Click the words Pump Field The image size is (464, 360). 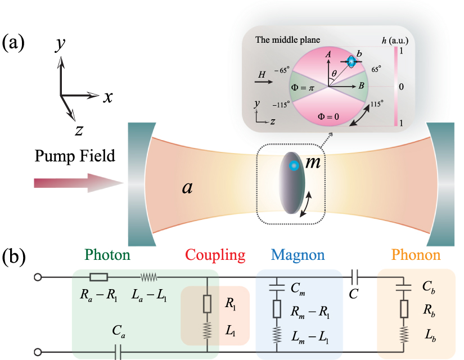tap(75, 154)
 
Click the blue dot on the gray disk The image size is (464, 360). tap(292, 166)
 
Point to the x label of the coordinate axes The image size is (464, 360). tap(108, 97)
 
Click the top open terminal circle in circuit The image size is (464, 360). tap(38, 277)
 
